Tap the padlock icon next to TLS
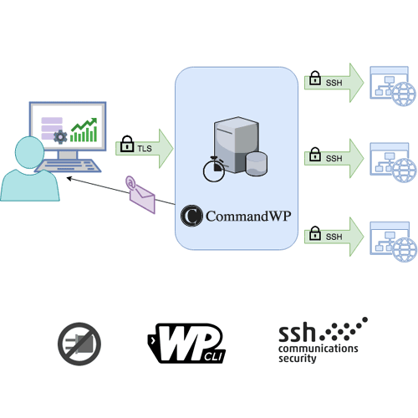pos(128,144)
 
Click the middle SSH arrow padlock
pos(315,155)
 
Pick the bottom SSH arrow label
pos(334,237)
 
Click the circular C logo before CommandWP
pos(191,216)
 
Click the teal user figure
pos(30,171)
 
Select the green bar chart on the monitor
pos(84,128)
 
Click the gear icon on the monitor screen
pos(59,137)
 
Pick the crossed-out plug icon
pos(79,342)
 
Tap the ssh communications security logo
pos(321,340)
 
